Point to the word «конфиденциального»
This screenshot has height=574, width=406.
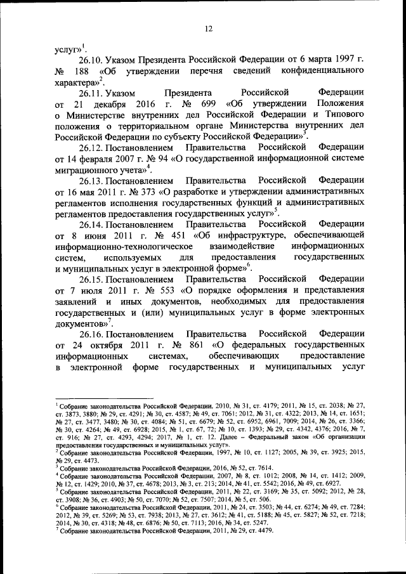(323, 71)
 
